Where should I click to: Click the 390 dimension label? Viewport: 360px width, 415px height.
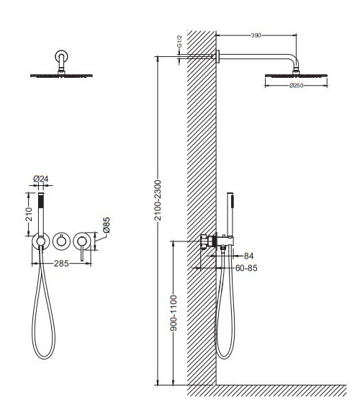click(x=256, y=35)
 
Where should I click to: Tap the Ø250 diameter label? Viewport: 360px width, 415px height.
click(x=296, y=86)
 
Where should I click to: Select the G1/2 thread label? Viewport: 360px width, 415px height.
click(x=179, y=41)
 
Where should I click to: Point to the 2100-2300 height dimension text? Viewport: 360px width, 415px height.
click(x=158, y=200)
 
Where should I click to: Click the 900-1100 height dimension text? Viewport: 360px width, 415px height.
click(x=174, y=313)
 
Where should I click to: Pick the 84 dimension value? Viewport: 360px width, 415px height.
click(x=248, y=256)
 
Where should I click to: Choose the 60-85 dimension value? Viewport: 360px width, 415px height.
click(x=246, y=268)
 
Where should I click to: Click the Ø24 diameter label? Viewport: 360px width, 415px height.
click(x=41, y=179)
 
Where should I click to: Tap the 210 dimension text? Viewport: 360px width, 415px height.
click(x=29, y=215)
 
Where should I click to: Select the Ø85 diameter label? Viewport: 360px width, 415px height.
click(x=107, y=225)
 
